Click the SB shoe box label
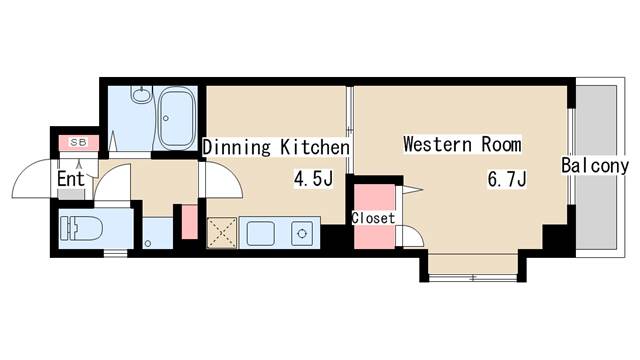coord(78,142)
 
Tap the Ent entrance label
coord(71,179)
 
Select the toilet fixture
coord(80,228)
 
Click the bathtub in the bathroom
coord(175,118)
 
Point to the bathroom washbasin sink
coord(142,95)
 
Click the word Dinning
coord(237,147)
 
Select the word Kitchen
coord(315,147)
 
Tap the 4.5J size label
coord(313,178)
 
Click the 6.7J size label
coord(507,178)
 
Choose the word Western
coord(438,144)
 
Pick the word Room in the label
coord(501,144)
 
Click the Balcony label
coord(595,166)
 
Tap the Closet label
coord(373,218)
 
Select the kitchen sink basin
coord(260,233)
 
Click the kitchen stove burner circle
coord(302,233)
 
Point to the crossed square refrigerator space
coord(222,233)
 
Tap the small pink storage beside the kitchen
coord(189,222)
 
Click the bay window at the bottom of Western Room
coord(473,278)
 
